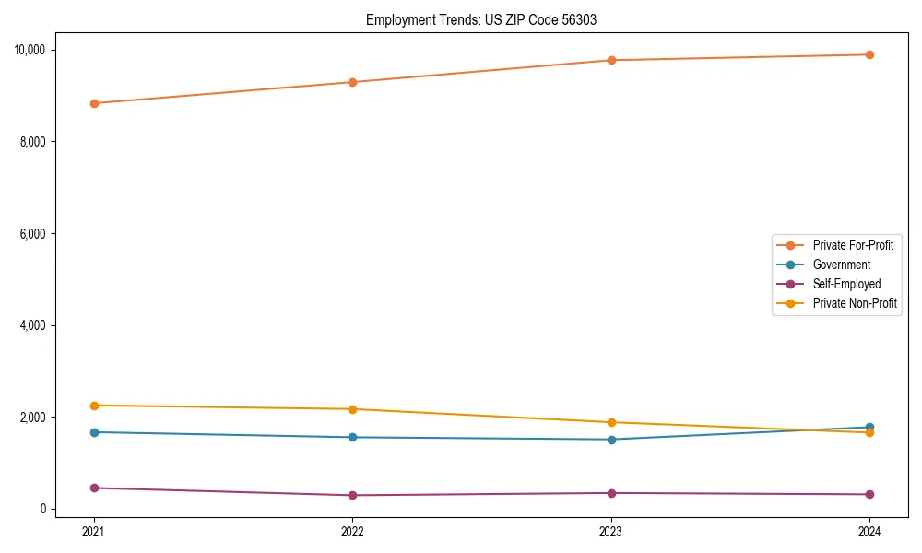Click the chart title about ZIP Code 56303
[x=481, y=19]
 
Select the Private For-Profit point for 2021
[x=94, y=103]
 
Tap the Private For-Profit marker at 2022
[x=352, y=82]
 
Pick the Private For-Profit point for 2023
[x=611, y=60]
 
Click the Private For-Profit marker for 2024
[x=869, y=54]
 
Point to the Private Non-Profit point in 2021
[x=94, y=406]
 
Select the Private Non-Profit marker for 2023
[x=611, y=422]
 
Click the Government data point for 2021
[x=94, y=432]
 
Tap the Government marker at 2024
[x=869, y=427]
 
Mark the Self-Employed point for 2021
[x=94, y=488]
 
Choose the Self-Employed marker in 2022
[x=352, y=495]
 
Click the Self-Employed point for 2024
[x=869, y=494]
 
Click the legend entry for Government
[x=841, y=265]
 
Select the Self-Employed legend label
[x=846, y=284]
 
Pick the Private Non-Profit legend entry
[x=855, y=303]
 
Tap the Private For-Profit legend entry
[x=853, y=245]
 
